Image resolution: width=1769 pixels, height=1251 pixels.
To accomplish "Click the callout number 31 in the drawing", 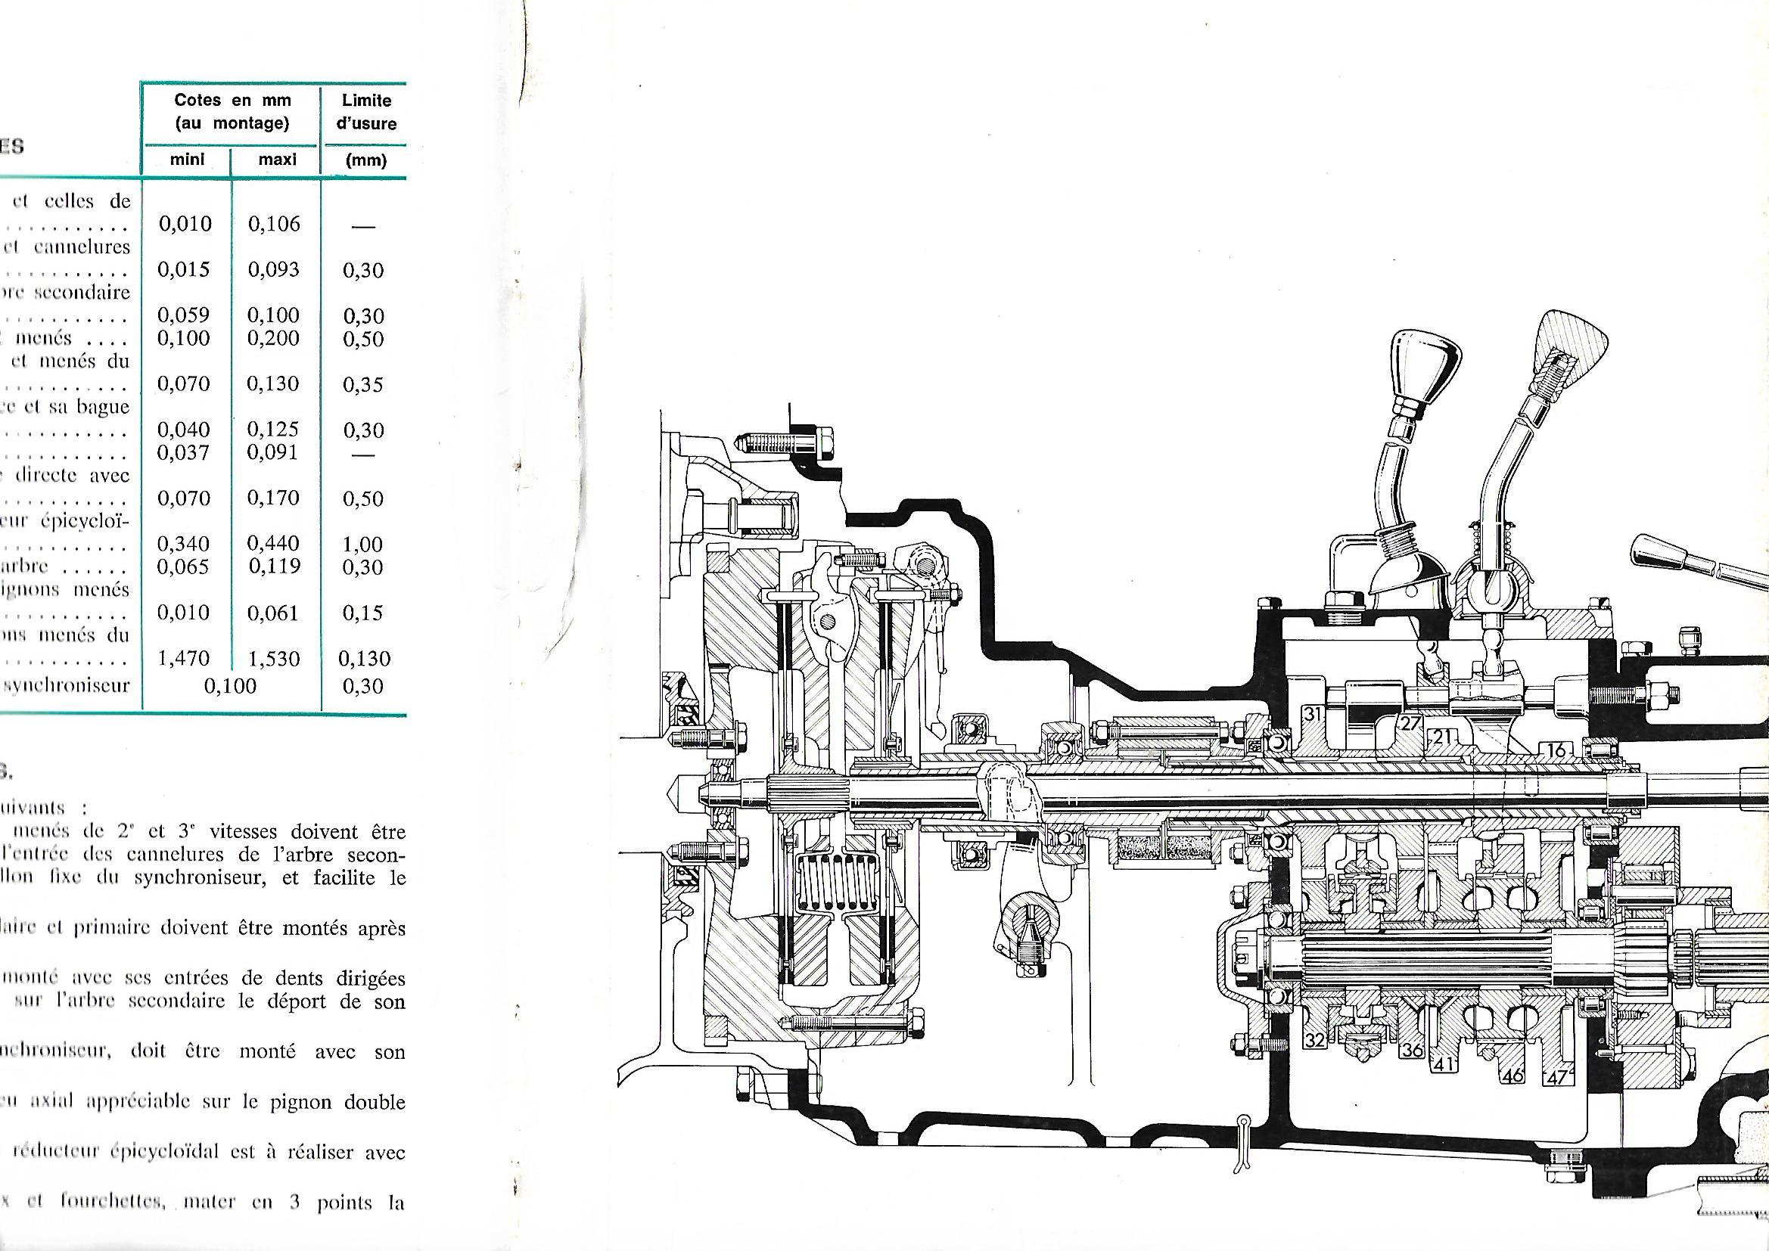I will tap(1312, 714).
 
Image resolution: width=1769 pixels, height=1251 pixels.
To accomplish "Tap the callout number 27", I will tap(1410, 723).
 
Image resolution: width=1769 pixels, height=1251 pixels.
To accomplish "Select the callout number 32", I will tap(1314, 1041).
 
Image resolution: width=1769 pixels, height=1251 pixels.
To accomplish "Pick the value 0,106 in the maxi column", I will tap(275, 224).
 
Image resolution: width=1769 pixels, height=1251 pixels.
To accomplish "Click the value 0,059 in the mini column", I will tap(183, 315).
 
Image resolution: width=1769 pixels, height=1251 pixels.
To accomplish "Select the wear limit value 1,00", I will tap(363, 545).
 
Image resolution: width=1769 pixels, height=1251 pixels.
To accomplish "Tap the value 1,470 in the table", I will tap(183, 659).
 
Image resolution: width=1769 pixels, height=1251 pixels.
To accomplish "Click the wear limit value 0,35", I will tap(363, 384).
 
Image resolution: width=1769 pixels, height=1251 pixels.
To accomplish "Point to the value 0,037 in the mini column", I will tap(183, 452).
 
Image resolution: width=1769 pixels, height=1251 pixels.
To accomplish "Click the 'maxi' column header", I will tap(276, 161).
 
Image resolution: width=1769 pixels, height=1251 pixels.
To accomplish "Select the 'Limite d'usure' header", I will tap(366, 112).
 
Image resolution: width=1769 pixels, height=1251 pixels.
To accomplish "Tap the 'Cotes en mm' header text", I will tap(232, 101).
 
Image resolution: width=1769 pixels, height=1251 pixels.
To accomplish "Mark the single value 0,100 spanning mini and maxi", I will tap(229, 686).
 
